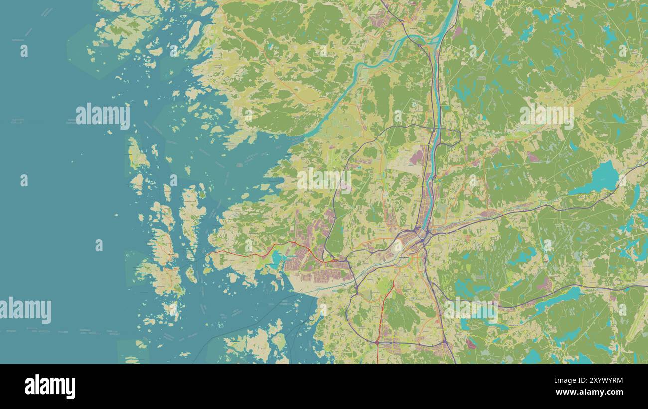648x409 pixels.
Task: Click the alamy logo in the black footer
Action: point(50,387)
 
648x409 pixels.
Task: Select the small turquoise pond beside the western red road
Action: point(276,258)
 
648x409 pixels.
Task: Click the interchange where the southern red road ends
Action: point(377,342)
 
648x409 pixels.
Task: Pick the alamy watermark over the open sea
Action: point(103,116)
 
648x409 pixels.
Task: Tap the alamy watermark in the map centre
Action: point(324,180)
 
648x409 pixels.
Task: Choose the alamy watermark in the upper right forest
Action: point(546,115)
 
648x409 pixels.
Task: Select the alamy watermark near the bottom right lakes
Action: point(471,311)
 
